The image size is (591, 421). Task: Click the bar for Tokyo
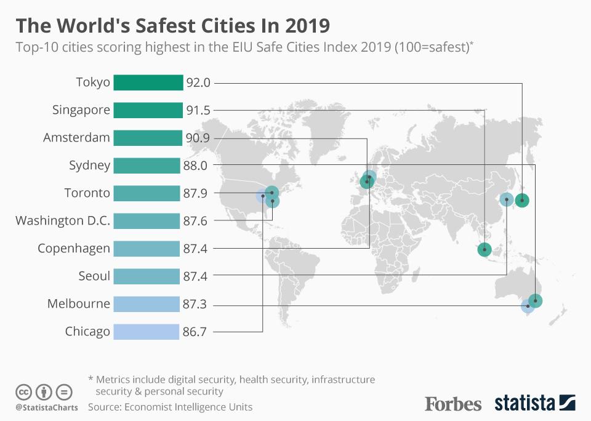(x=148, y=82)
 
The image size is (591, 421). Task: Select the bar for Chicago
(x=146, y=332)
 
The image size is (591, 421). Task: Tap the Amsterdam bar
(x=148, y=138)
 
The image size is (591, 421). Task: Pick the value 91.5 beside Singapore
(x=198, y=110)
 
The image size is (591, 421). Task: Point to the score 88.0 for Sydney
(x=195, y=166)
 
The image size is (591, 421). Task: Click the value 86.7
(x=195, y=332)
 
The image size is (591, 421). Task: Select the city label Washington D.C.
(x=63, y=220)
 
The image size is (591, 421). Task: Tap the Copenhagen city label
(x=74, y=248)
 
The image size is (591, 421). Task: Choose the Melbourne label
(x=79, y=303)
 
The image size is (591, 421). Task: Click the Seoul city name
(x=94, y=276)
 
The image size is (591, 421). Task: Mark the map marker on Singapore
(x=484, y=249)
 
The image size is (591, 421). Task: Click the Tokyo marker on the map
(x=522, y=200)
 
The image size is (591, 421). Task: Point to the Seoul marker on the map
(x=506, y=199)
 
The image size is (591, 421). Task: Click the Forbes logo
(x=453, y=404)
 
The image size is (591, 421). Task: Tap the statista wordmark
(x=525, y=404)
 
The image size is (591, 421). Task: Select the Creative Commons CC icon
(x=23, y=391)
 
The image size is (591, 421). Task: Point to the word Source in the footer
(x=105, y=407)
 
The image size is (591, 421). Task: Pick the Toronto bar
(x=147, y=193)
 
